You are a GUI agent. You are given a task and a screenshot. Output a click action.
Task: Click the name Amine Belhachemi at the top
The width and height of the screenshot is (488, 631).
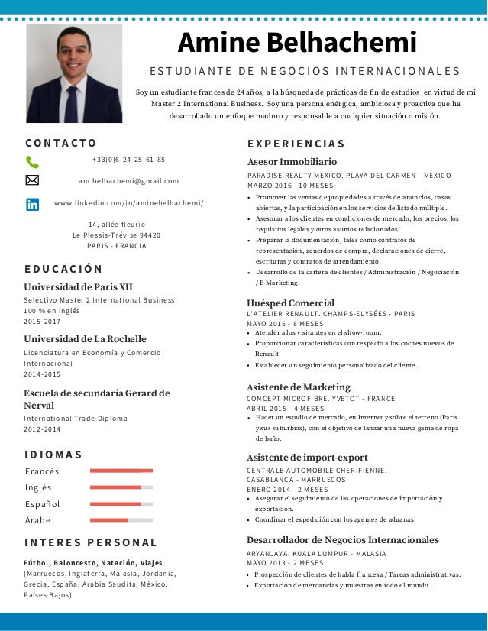pyautogui.click(x=297, y=42)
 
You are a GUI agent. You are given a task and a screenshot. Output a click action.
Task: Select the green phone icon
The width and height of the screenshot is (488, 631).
pyautogui.click(x=32, y=161)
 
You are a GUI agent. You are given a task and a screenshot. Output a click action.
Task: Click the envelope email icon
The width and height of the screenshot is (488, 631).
pyautogui.click(x=32, y=181)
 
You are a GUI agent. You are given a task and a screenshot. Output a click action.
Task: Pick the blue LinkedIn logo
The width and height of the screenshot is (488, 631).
pyautogui.click(x=32, y=204)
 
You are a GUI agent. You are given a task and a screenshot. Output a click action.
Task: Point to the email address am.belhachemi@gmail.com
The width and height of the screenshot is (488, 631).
pyautogui.click(x=128, y=181)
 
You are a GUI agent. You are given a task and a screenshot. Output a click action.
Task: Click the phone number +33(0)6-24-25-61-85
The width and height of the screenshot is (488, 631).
pyautogui.click(x=128, y=160)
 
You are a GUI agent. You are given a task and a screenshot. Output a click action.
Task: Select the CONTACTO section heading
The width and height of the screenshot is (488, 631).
pyautogui.click(x=60, y=143)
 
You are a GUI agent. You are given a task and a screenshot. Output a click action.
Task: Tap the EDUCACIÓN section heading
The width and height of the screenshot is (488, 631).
pyautogui.click(x=63, y=269)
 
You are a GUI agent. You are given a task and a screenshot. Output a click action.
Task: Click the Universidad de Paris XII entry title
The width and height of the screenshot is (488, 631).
pyautogui.click(x=78, y=286)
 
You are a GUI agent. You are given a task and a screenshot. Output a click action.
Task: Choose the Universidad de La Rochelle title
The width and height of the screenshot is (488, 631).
pyautogui.click(x=85, y=338)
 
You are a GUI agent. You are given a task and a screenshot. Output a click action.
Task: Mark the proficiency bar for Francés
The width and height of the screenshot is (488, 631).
pyautogui.click(x=121, y=471)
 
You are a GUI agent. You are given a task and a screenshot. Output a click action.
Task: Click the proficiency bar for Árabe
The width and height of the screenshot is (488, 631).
pyautogui.click(x=121, y=520)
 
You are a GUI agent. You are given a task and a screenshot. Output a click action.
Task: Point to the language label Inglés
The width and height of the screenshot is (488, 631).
pyautogui.click(x=38, y=487)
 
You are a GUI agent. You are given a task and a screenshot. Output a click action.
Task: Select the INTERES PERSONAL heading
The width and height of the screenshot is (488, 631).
pyautogui.click(x=90, y=542)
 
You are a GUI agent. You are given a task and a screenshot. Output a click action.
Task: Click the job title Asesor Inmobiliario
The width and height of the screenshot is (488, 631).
pyautogui.click(x=292, y=162)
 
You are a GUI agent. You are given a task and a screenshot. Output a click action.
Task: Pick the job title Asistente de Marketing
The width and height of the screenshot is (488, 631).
pyautogui.click(x=299, y=387)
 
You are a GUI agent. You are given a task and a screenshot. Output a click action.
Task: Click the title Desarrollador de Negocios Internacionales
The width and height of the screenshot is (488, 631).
pyautogui.click(x=343, y=540)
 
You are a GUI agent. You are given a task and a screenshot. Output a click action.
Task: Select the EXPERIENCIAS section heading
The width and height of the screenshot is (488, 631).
pyautogui.click(x=296, y=144)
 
